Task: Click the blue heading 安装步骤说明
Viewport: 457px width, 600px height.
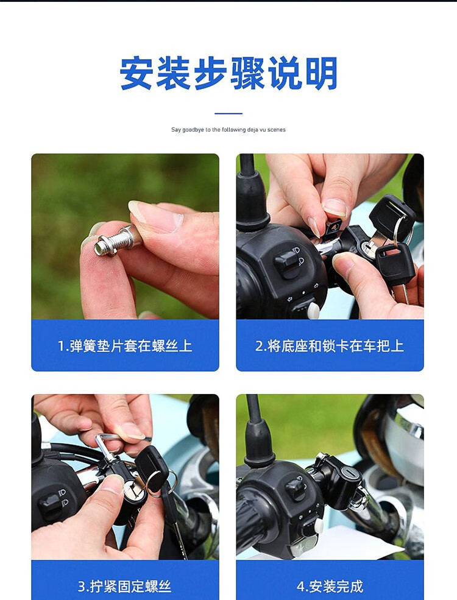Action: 228,72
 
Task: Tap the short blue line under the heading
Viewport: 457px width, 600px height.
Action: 228,113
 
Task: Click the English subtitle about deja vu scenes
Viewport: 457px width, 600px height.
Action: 228,130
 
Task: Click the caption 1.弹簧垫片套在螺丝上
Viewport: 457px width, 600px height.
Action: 125,346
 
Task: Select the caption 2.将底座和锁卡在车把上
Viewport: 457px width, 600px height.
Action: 330,346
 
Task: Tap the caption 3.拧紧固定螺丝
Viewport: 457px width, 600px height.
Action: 124,586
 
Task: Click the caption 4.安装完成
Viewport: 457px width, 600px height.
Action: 330,586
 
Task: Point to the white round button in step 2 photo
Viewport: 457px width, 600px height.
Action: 313,310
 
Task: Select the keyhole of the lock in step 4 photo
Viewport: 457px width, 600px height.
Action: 349,473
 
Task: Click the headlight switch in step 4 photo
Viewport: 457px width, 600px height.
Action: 296,489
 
